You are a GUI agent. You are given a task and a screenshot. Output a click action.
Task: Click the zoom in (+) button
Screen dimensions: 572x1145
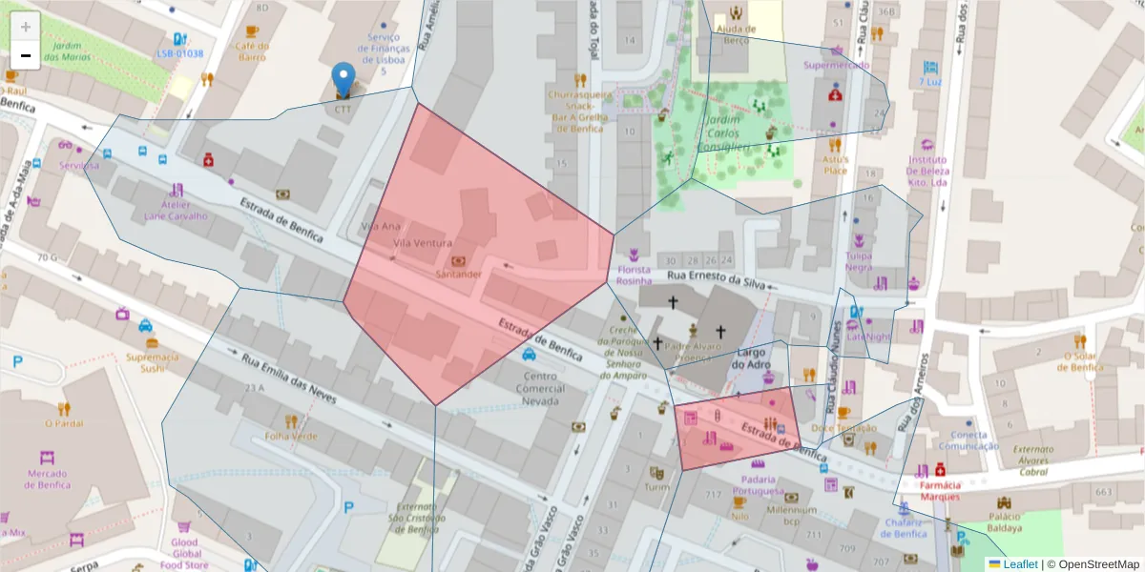[26, 26]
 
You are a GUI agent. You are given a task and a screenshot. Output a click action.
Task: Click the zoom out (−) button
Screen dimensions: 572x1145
[26, 56]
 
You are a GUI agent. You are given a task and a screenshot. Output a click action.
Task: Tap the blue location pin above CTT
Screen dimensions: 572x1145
[343, 79]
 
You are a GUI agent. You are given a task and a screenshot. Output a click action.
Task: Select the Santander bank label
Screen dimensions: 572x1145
[458, 274]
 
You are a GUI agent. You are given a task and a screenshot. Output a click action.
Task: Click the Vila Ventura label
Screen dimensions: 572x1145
[421, 243]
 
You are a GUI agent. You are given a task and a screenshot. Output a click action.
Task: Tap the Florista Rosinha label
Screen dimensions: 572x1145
[634, 276]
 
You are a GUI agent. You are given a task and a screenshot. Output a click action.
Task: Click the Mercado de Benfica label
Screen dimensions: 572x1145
[43, 479]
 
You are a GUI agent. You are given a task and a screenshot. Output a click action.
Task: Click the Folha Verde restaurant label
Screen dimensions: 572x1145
[291, 436]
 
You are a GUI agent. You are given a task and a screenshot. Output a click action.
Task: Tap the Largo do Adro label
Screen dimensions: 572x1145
[750, 357]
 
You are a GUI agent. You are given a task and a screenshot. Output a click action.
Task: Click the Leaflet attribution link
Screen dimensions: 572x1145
[1019, 564]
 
